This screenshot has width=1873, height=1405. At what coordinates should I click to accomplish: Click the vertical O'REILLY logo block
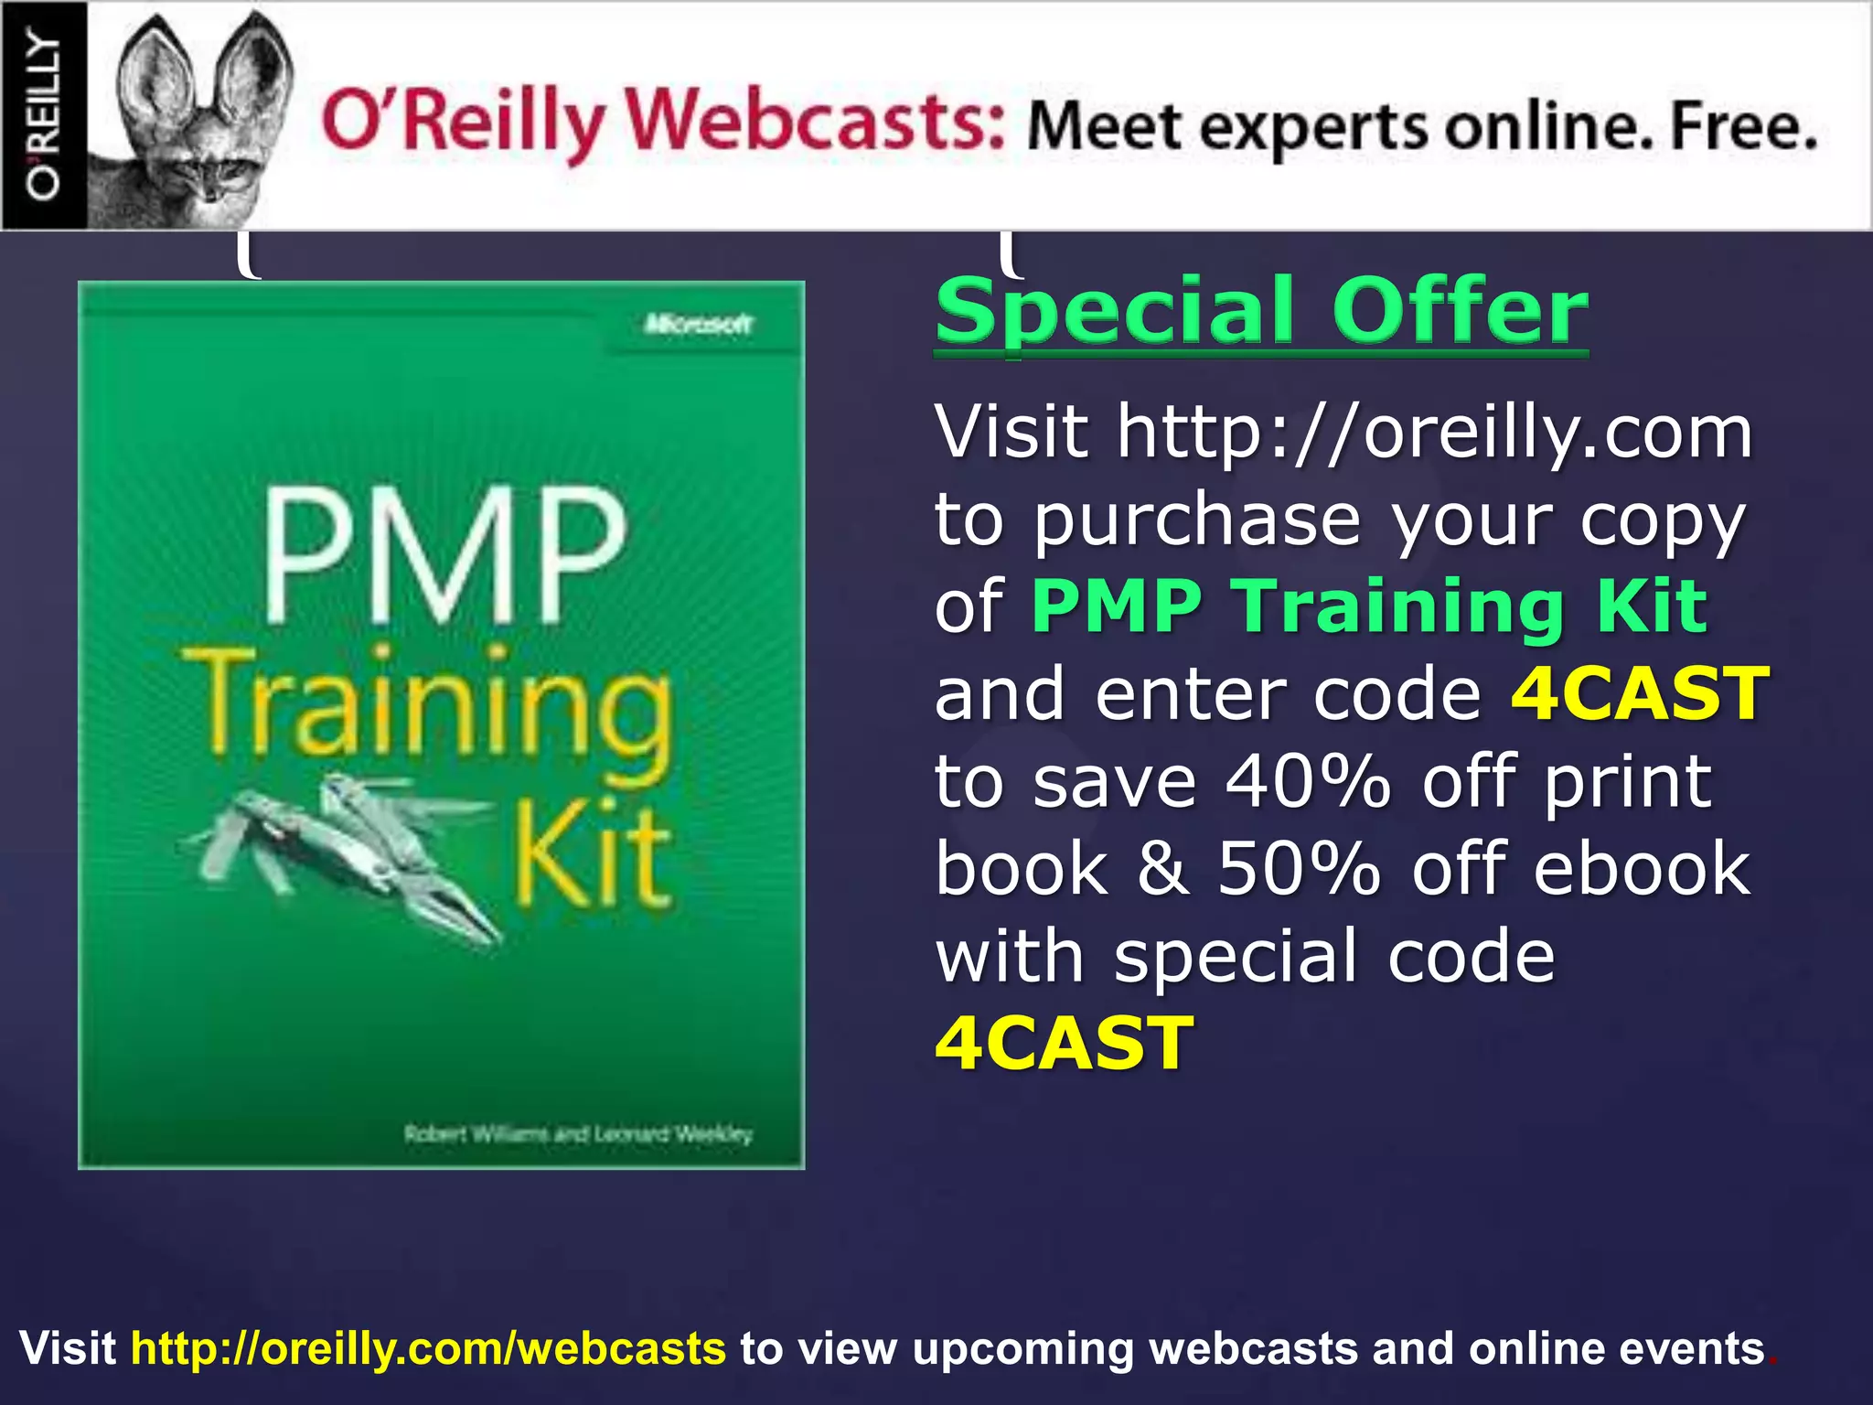[x=44, y=115]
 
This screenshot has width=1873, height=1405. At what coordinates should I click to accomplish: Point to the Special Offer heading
[x=1261, y=311]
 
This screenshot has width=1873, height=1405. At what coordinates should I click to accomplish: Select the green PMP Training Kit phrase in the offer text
[x=1368, y=606]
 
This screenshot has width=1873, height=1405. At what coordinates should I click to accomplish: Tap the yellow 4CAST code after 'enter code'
[x=1640, y=693]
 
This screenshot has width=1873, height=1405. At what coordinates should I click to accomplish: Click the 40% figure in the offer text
[x=1308, y=782]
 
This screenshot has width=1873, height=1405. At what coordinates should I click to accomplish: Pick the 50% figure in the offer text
[x=1299, y=869]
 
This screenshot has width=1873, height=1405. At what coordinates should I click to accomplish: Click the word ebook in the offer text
[x=1642, y=869]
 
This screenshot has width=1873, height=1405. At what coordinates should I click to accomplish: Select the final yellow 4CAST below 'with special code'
[x=1065, y=1044]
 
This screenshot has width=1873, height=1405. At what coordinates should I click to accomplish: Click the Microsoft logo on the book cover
[x=699, y=324]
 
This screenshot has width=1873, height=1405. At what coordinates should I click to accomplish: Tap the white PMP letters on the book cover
[x=445, y=558]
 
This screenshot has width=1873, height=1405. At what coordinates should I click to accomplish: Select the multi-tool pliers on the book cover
[x=348, y=851]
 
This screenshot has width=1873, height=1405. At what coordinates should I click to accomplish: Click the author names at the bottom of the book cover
[x=578, y=1134]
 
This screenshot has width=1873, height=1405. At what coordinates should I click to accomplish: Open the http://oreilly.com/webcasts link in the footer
[x=428, y=1348]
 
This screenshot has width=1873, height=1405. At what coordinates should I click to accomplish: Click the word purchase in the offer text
[x=1198, y=519]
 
